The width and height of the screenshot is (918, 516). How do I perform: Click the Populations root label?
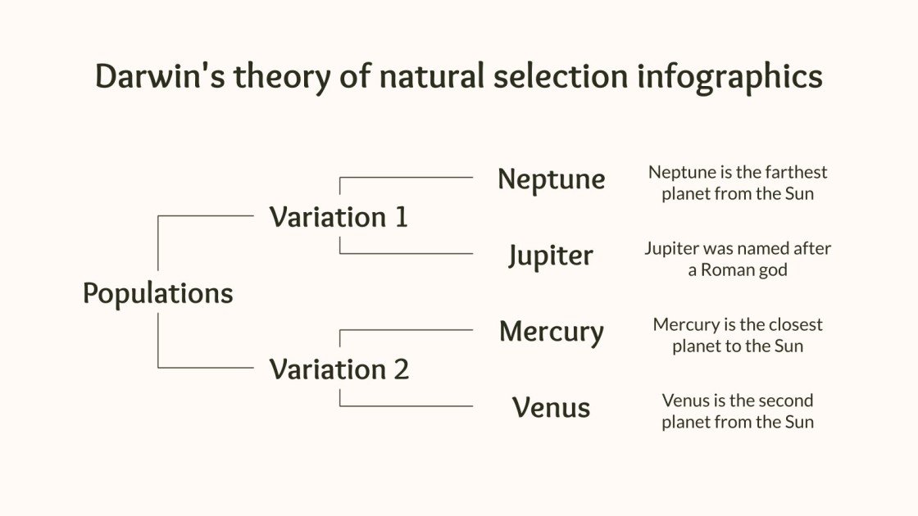pyautogui.click(x=157, y=293)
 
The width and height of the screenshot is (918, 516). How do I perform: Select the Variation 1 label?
pyautogui.click(x=339, y=217)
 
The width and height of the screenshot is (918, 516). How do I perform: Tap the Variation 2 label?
pyautogui.click(x=339, y=369)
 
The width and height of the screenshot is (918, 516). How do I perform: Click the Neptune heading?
pyautogui.click(x=551, y=179)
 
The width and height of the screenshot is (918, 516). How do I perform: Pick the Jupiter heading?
pyautogui.click(x=551, y=256)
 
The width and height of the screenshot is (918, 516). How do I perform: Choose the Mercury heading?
pyautogui.click(x=551, y=332)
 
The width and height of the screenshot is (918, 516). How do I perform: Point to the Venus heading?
pyautogui.click(x=551, y=407)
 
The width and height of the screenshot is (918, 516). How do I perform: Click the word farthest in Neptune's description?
pyautogui.click(x=796, y=172)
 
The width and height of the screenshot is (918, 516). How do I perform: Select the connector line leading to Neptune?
pyautogui.click(x=410, y=177)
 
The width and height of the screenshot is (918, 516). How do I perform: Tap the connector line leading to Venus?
pyautogui.click(x=410, y=406)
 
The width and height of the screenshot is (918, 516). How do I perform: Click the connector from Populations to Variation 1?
pyautogui.click(x=205, y=216)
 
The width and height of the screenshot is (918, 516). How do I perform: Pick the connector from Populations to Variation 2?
pyautogui.click(x=205, y=368)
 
